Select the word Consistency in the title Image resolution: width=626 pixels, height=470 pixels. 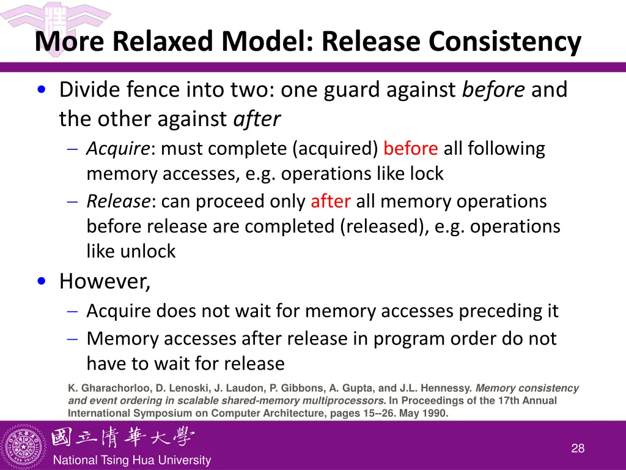504,42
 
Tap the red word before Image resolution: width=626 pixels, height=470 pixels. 410,149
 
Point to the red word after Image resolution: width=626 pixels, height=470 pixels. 330,201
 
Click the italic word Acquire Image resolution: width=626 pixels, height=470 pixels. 118,149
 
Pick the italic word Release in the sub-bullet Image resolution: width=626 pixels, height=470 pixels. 118,201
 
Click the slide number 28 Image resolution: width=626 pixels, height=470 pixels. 578,449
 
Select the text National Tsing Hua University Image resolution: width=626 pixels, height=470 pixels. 132,461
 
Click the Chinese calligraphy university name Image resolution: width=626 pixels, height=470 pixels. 123,438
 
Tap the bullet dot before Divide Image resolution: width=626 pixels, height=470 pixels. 41,91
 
